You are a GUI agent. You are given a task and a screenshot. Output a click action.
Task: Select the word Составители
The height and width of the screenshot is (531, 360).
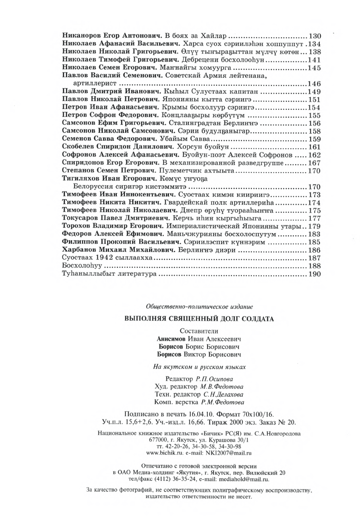tap(199, 330)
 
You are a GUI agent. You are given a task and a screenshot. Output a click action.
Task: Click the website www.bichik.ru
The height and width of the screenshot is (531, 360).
tap(163, 452)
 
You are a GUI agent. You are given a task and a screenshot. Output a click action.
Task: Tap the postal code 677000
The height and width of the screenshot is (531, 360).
tap(158, 440)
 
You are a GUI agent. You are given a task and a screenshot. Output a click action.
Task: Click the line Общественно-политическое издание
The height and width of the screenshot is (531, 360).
tap(199, 306)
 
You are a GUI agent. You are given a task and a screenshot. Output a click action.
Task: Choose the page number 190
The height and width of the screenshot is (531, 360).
tap(314, 274)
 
